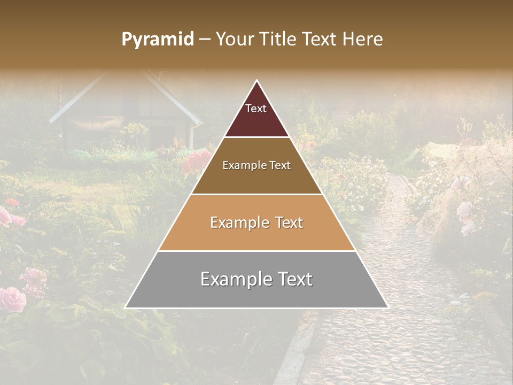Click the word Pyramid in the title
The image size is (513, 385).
pyautogui.click(x=158, y=40)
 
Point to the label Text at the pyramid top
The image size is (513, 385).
pyautogui.click(x=256, y=109)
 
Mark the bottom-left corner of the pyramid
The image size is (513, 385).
pyautogui.click(x=126, y=307)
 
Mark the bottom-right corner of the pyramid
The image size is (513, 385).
pyautogui.click(x=387, y=307)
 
